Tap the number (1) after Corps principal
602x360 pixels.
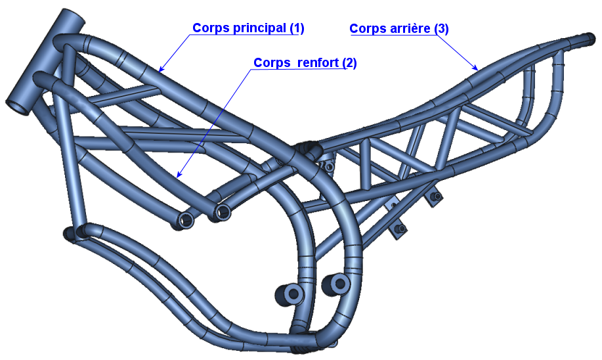[x=297, y=28]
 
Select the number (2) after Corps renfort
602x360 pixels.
[x=349, y=62]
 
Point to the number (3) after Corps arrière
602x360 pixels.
[x=441, y=28]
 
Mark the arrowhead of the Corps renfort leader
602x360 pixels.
[x=179, y=175]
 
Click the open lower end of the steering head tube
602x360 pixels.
[x=18, y=107]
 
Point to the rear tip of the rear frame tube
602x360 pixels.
[x=589, y=39]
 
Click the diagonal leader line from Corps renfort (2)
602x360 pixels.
[x=215, y=122]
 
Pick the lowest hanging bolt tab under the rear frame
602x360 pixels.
[x=399, y=230]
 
